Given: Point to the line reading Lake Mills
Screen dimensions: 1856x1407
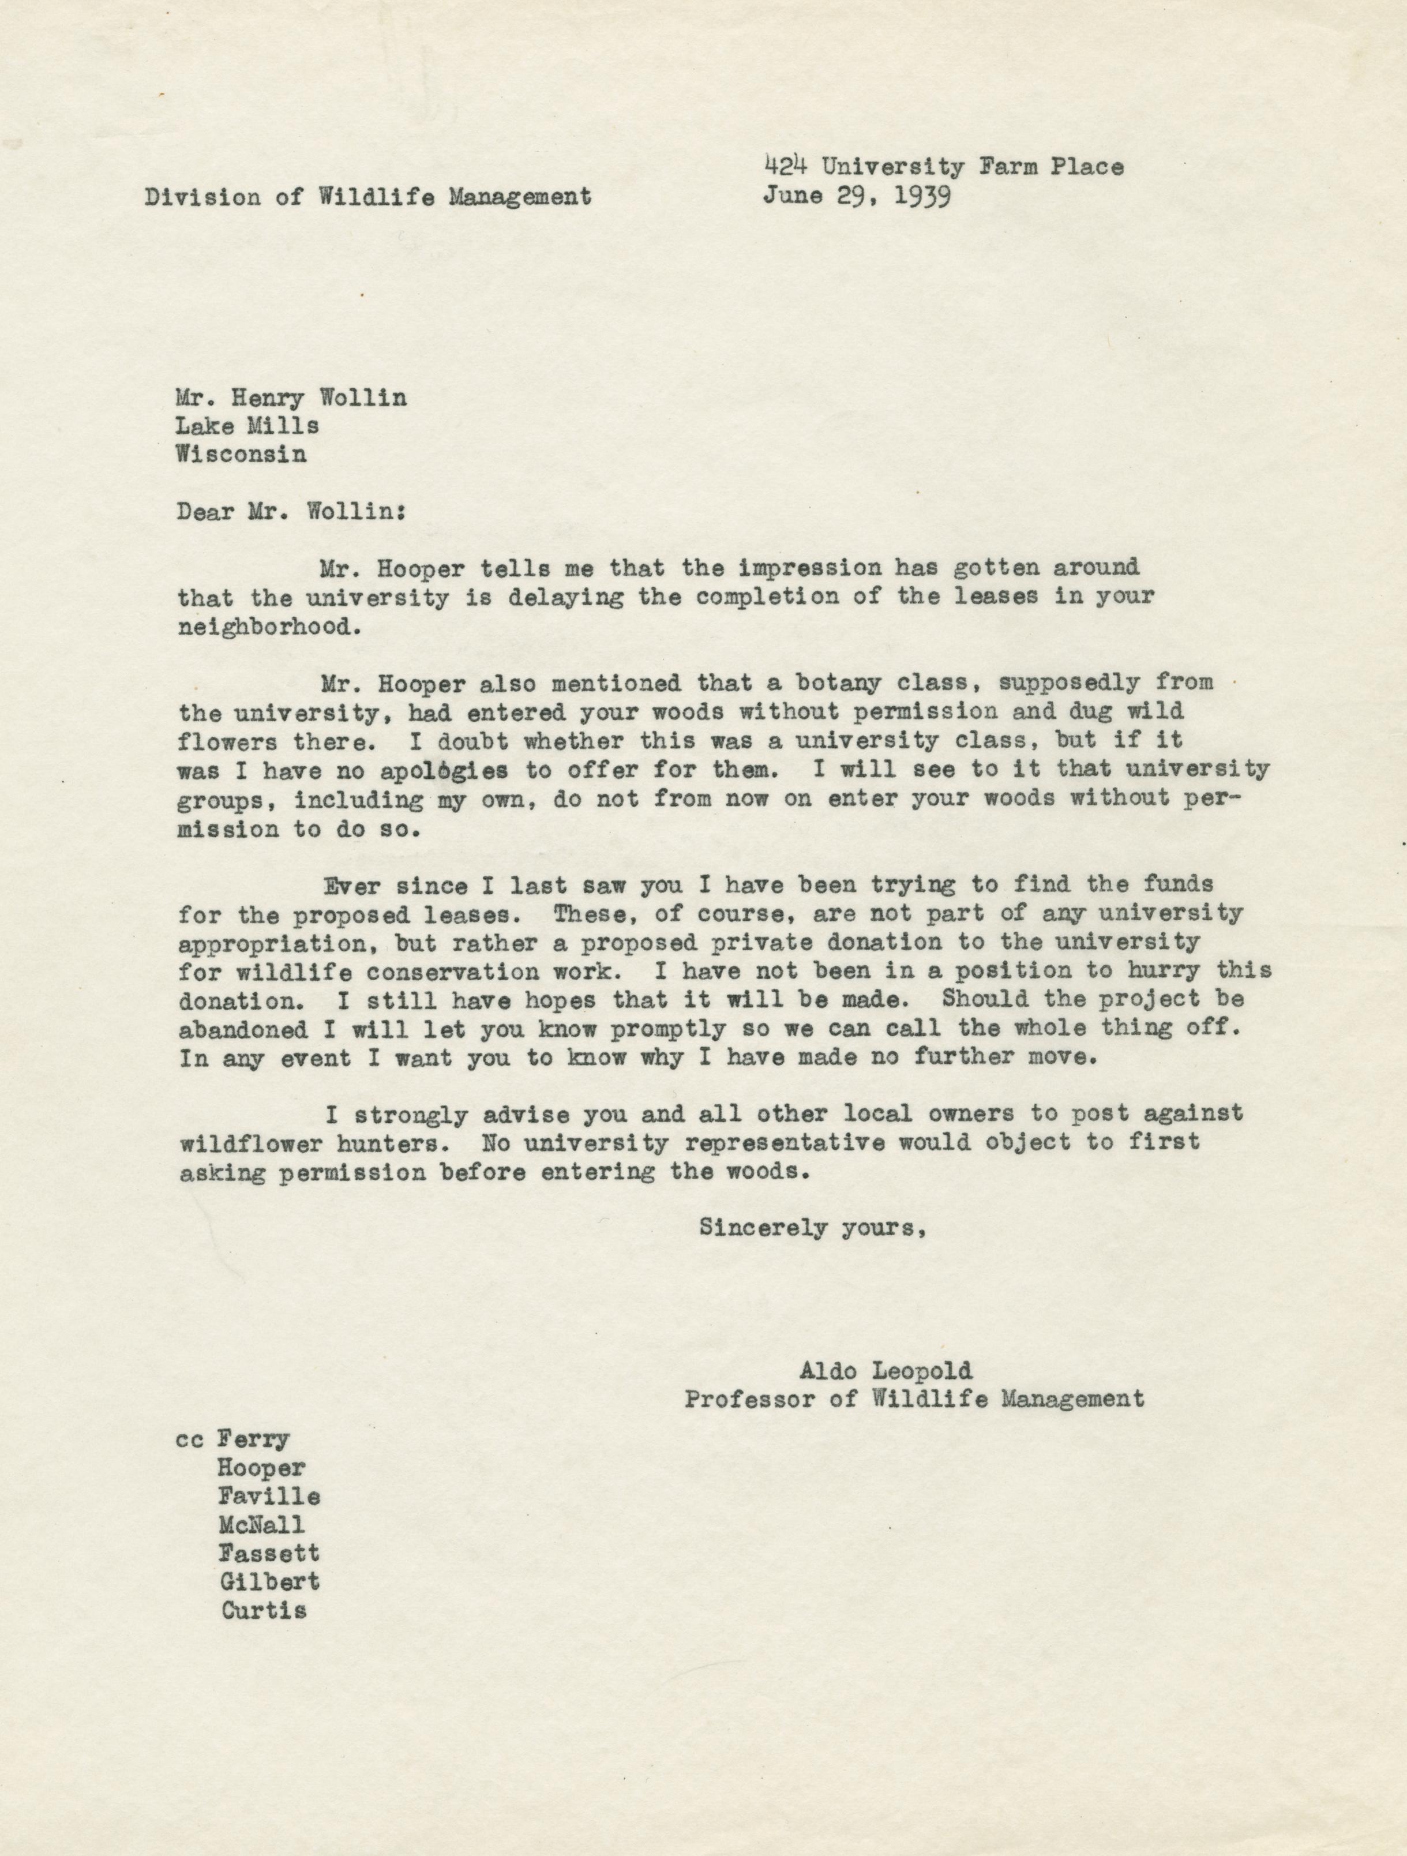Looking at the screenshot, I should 247,425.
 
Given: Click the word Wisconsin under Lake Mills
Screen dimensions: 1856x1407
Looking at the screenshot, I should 241,455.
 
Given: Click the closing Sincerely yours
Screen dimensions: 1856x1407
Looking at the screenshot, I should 811,1228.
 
